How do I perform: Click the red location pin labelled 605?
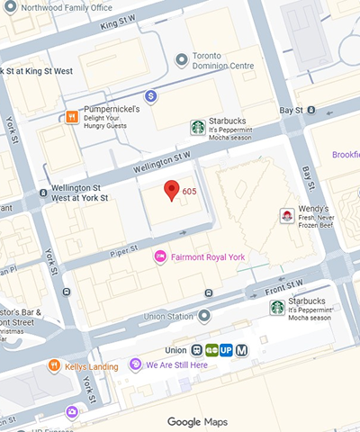pyautogui.click(x=170, y=191)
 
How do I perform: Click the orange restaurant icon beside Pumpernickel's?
pyautogui.click(x=71, y=116)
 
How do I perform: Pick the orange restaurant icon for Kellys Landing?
pyautogui.click(x=55, y=366)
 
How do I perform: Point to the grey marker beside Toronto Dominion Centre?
pyautogui.click(x=182, y=59)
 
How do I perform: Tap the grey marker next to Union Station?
pyautogui.click(x=204, y=316)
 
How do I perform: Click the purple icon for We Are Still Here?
pyautogui.click(x=136, y=364)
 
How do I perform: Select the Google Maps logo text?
pyautogui.click(x=198, y=421)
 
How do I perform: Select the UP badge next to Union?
pyautogui.click(x=227, y=350)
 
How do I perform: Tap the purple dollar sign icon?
pyautogui.click(x=150, y=95)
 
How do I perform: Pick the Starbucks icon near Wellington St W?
pyautogui.click(x=197, y=128)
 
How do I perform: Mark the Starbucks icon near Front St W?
pyautogui.click(x=278, y=308)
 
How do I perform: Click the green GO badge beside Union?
pyautogui.click(x=211, y=350)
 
